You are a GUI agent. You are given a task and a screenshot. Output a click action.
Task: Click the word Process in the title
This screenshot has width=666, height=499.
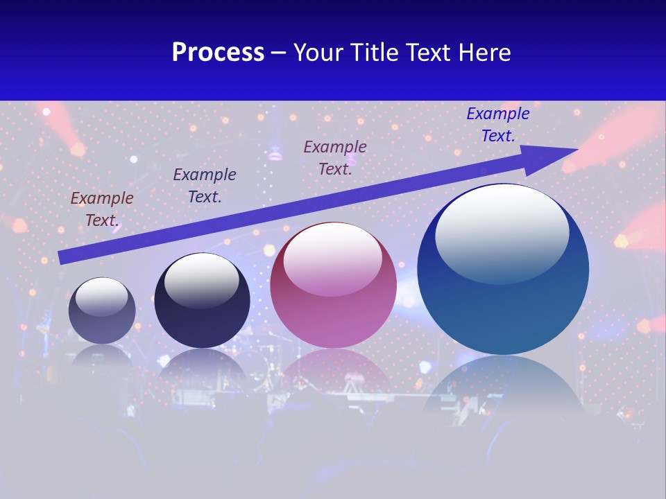tap(218, 53)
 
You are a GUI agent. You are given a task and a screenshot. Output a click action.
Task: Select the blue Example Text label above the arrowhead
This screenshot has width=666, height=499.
tap(498, 125)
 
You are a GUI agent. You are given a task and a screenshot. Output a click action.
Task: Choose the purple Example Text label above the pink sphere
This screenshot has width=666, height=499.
tap(335, 157)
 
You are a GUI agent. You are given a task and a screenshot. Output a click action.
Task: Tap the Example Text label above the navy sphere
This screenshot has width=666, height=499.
tap(205, 186)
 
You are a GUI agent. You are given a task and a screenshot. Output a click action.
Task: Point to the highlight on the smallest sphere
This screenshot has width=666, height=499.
tap(101, 297)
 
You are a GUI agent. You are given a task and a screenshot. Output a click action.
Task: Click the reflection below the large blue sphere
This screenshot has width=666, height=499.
tap(503, 388)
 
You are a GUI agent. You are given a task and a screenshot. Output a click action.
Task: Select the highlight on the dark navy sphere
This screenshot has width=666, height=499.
tap(202, 279)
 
